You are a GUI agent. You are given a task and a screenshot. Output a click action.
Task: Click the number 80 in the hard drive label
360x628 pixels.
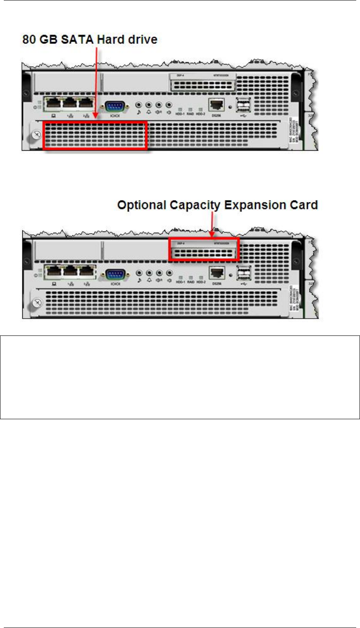click(29, 40)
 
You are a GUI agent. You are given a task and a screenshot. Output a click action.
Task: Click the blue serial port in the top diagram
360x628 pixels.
click(114, 106)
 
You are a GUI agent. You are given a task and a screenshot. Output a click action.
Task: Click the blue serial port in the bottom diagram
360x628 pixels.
click(114, 275)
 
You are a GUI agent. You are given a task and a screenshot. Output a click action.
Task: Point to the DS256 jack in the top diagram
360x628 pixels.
click(216, 105)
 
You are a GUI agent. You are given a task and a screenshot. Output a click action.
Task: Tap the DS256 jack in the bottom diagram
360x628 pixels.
click(216, 274)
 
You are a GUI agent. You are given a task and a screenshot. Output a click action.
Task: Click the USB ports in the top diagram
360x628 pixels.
click(244, 105)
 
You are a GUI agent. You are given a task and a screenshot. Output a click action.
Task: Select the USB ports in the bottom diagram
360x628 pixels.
click(244, 274)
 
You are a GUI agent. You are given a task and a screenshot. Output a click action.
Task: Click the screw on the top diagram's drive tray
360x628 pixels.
click(37, 135)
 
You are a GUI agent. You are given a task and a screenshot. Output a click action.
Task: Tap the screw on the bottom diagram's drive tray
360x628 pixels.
click(37, 303)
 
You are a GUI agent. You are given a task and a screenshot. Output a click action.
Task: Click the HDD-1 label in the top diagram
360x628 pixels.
click(180, 114)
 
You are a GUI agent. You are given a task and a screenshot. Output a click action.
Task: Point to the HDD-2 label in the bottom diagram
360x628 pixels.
click(201, 282)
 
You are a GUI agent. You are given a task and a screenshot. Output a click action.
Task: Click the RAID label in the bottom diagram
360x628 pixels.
click(190, 282)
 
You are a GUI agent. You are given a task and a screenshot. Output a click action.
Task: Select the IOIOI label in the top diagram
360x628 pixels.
click(115, 115)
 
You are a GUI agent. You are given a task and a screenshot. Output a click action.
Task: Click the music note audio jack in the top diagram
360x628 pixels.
click(139, 105)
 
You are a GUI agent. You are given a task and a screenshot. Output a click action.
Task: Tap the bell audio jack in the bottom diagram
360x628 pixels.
click(149, 274)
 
